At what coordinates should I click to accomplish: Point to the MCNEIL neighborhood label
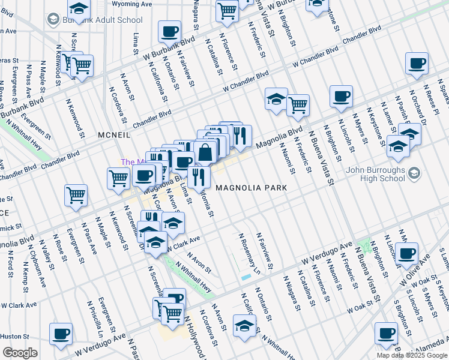(114, 136)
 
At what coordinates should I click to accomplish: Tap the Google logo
(20, 353)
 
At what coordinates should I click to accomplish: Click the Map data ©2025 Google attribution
(412, 355)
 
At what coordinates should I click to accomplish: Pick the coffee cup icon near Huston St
(61, 334)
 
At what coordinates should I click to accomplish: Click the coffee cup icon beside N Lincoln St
(341, 96)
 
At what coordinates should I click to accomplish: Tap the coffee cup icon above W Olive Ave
(408, 253)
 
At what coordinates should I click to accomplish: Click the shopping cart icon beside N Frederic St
(298, 105)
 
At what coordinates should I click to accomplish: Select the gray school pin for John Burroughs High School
(414, 173)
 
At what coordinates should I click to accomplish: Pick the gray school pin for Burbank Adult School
(53, 20)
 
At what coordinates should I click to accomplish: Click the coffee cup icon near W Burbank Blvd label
(169, 32)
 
